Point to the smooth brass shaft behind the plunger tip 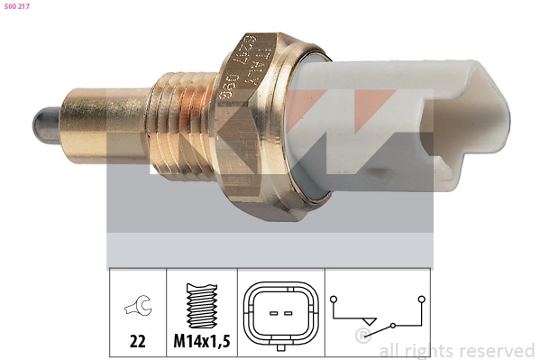(x=99, y=116)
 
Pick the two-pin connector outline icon (x=279, y=314)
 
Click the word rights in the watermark (x=427, y=350)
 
